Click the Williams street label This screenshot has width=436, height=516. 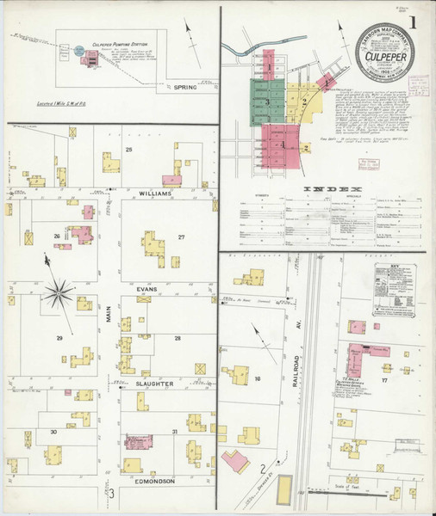(154, 193)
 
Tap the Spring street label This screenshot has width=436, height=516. (184, 87)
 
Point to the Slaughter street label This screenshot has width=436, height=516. (154, 383)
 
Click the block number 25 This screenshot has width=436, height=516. (153, 150)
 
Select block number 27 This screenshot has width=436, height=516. (181, 237)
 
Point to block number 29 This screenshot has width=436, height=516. (59, 339)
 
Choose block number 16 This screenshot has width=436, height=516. (257, 378)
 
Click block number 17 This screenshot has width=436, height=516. (384, 379)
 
